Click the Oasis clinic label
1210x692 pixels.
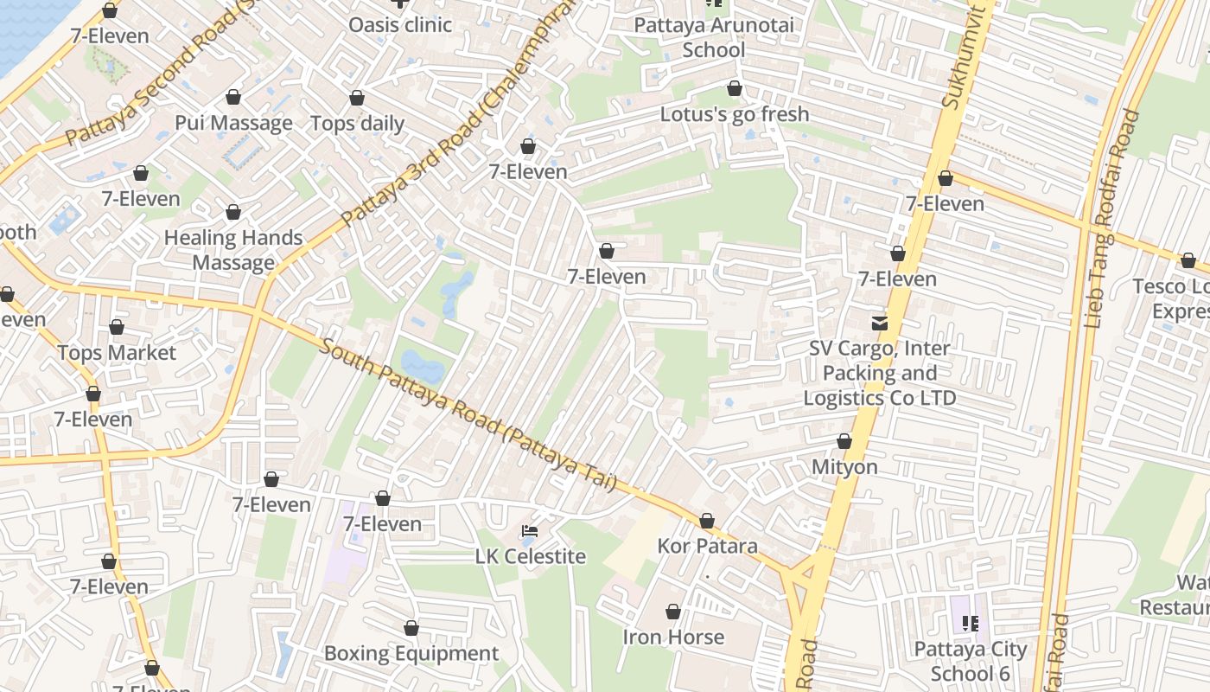point(399,25)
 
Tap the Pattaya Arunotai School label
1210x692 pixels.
point(713,37)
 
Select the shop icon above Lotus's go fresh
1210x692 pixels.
point(734,88)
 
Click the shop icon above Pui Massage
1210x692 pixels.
point(232,97)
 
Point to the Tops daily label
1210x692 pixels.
point(357,124)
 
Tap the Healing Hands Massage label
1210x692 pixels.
point(233,250)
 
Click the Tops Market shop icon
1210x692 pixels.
point(117,327)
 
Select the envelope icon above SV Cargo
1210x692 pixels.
point(879,323)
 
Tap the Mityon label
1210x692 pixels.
point(844,467)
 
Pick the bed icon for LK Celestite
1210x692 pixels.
point(530,530)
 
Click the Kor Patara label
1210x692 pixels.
point(707,547)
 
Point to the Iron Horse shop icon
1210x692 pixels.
point(673,612)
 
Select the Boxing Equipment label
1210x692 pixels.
point(411,654)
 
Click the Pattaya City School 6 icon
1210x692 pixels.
point(970,623)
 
